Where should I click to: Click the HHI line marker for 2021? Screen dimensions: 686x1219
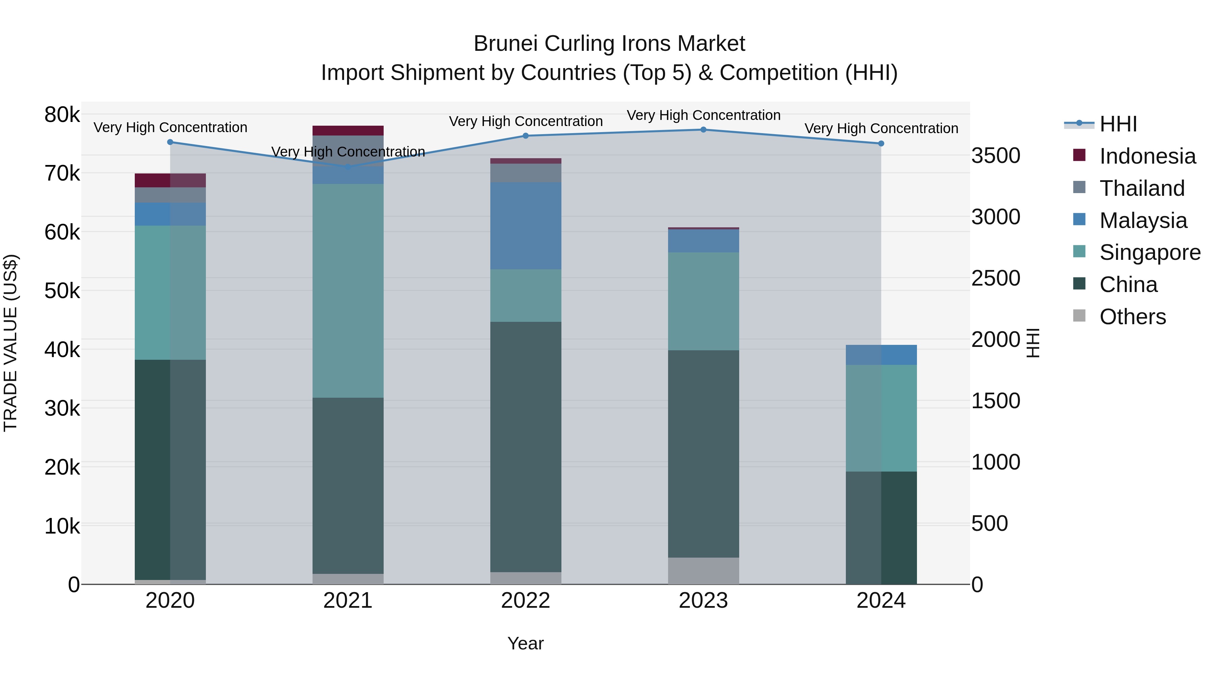click(348, 167)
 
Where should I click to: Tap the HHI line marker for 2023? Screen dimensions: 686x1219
click(703, 130)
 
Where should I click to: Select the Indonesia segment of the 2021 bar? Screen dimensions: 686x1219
click(348, 131)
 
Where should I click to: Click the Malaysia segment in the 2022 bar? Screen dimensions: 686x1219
click(525, 226)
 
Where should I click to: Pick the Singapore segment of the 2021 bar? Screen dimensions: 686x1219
click(348, 291)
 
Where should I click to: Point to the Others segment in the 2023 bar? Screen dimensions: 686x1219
click(703, 570)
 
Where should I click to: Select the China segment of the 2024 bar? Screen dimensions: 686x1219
click(881, 527)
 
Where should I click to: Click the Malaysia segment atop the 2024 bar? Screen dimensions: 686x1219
click(881, 355)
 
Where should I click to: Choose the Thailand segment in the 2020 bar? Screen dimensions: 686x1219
click(170, 195)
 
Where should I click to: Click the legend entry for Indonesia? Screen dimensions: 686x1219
click(1147, 156)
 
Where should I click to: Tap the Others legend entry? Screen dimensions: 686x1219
click(1132, 317)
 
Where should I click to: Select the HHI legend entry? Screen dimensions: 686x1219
click(1118, 124)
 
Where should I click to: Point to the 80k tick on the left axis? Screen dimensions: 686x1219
click(62, 115)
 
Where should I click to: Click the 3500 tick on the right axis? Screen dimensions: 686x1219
click(996, 156)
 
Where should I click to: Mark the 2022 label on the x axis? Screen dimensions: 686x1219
click(525, 601)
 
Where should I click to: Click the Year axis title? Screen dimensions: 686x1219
click(525, 643)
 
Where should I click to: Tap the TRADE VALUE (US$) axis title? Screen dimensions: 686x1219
click(11, 343)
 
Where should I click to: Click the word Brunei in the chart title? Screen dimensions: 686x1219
click(505, 44)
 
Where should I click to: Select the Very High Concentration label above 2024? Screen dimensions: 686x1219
click(881, 128)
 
